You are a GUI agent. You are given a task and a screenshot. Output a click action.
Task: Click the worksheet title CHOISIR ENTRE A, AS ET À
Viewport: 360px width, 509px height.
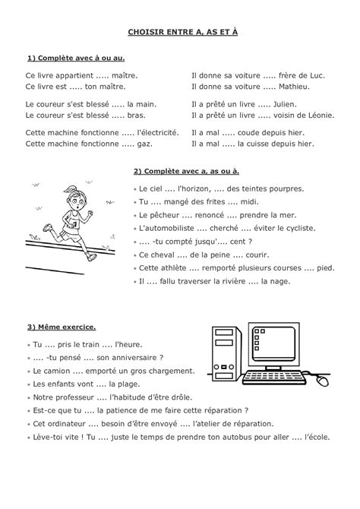click(x=179, y=33)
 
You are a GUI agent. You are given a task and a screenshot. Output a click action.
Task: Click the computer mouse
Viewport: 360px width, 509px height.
click(x=324, y=380)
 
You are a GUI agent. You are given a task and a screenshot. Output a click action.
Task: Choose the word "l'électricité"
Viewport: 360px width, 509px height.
click(x=155, y=131)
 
